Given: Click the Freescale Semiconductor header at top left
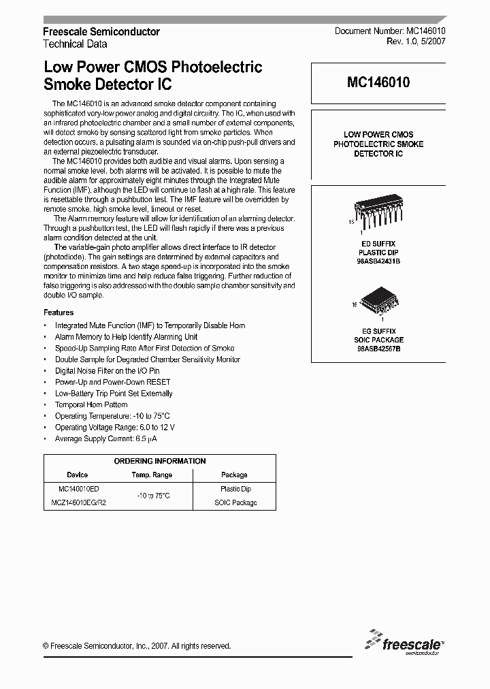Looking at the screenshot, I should point(101,32).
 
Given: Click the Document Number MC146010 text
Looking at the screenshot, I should point(389,32).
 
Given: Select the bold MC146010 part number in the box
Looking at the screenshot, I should point(378,83).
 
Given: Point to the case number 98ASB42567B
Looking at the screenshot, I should point(378,349).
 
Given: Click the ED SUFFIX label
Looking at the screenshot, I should point(378,244).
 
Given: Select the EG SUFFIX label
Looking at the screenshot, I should point(378,331).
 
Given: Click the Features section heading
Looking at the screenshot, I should point(59,313).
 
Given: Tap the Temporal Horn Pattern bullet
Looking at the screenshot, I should point(91,404).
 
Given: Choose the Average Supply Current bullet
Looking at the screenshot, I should point(105,438).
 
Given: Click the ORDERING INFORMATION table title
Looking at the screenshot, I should point(160,461).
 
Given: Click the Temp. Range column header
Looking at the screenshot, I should point(152,475).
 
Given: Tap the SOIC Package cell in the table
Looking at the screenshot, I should point(235,502).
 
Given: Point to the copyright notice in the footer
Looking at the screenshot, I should point(137,646).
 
